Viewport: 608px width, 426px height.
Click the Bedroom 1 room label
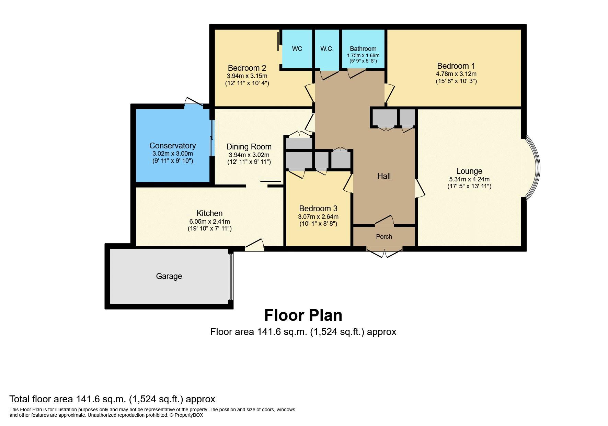coord(456,66)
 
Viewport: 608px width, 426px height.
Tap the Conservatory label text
coord(172,146)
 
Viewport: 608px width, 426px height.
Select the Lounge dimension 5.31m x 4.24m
coord(469,179)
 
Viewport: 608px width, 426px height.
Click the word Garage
coord(169,276)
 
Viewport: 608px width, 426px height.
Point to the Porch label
coord(384,237)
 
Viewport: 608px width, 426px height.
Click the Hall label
coord(384,176)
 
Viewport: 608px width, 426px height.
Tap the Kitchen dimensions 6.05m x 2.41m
coord(209,221)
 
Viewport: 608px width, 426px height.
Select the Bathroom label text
coord(363,49)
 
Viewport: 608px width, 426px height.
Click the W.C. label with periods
coord(327,49)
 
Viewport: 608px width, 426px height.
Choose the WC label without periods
coord(297,49)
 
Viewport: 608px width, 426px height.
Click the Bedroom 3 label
coord(318,209)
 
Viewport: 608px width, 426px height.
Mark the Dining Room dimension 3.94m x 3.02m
coord(249,155)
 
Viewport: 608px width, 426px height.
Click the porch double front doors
coord(384,253)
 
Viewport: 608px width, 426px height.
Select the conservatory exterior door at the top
coord(193,103)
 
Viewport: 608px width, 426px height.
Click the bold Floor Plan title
coord(303,315)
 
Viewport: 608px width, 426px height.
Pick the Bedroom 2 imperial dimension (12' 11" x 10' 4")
coord(247,83)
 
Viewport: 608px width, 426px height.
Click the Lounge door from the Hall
coord(420,188)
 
